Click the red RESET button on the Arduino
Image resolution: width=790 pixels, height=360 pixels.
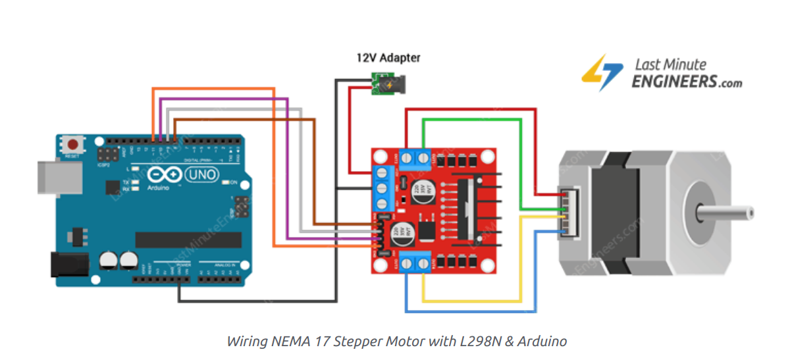(73, 144)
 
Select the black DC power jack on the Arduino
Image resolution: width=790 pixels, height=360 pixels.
(68, 264)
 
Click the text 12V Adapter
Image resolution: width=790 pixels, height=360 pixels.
(388, 58)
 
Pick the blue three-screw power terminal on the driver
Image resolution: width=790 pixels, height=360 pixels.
(382, 188)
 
